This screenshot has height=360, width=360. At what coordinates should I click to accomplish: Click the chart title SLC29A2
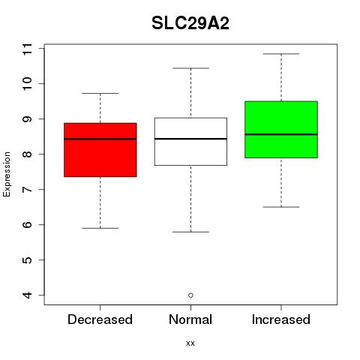(x=190, y=23)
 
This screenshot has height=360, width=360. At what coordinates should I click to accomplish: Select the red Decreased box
(x=100, y=150)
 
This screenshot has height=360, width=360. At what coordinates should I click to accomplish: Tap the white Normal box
(x=190, y=142)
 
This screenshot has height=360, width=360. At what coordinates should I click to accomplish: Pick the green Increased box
(x=281, y=130)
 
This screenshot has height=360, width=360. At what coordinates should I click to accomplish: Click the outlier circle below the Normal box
(x=190, y=295)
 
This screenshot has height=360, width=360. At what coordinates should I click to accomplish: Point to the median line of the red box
(x=100, y=139)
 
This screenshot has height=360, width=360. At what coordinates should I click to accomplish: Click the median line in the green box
(x=281, y=134)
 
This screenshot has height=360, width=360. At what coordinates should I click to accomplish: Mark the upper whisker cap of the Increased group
(x=281, y=54)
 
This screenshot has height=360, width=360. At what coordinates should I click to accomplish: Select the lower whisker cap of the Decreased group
(x=100, y=228)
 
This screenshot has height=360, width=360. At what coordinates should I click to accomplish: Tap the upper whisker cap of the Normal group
(x=190, y=68)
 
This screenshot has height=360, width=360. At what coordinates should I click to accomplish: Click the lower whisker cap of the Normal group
(x=190, y=232)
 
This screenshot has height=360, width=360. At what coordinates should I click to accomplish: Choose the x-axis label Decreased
(x=100, y=319)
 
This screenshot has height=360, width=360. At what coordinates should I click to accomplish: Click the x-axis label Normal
(x=190, y=319)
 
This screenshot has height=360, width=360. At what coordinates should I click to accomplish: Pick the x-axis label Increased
(x=281, y=319)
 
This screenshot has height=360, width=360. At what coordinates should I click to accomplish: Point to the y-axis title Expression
(x=7, y=174)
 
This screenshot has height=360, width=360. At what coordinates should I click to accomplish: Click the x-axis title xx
(x=190, y=343)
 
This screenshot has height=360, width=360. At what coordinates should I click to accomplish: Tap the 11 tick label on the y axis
(x=28, y=49)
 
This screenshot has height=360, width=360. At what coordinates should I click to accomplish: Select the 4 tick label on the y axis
(x=28, y=295)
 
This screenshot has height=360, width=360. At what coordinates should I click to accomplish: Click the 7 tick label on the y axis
(x=28, y=189)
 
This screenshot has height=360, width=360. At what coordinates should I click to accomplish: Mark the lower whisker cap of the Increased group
(x=281, y=207)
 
